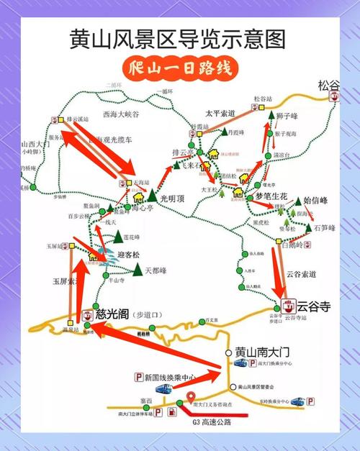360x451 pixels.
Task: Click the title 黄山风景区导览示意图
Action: [178, 37]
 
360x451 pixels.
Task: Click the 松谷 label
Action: [329, 85]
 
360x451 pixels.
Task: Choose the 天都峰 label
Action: [156, 271]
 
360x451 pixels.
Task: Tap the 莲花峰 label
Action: [130, 235]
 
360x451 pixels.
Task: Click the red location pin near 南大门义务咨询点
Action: [190, 396]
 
